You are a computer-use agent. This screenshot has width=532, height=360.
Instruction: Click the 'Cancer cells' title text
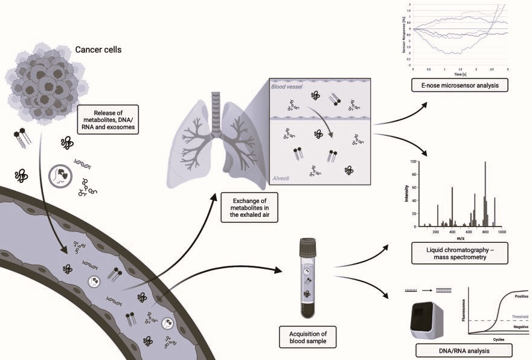98,49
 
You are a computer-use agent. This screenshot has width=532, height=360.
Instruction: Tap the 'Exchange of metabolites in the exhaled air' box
246,209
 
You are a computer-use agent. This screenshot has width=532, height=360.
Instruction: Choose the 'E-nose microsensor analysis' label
458,86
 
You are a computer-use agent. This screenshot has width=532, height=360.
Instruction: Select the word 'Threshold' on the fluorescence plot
519,317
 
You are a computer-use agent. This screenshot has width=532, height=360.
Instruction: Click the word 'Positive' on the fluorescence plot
521,297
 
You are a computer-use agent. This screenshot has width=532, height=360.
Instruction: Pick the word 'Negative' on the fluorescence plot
520,327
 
